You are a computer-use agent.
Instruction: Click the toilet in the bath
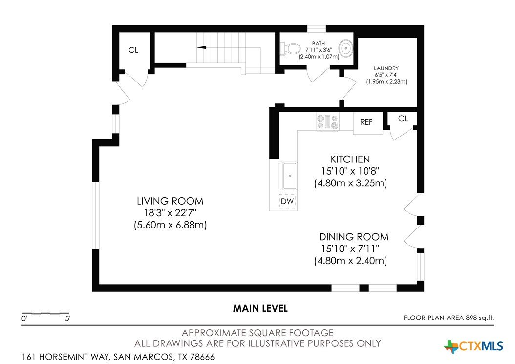(290, 48)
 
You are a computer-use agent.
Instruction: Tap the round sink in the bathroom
(345, 48)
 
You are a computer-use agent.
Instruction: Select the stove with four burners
(327, 122)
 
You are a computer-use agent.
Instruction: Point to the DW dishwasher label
(287, 201)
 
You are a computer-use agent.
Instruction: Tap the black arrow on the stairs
(202, 47)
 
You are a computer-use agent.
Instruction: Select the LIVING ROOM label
(170, 201)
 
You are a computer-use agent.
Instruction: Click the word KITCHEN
(350, 159)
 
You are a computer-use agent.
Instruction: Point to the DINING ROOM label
(354, 237)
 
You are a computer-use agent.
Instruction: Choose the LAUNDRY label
(386, 68)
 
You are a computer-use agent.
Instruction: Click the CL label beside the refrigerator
(403, 119)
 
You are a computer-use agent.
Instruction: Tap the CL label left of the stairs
(133, 50)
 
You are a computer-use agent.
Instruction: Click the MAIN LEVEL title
(260, 308)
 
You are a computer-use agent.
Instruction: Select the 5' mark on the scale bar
(67, 318)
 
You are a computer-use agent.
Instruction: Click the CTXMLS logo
(473, 346)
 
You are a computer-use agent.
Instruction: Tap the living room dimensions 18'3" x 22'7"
(170, 212)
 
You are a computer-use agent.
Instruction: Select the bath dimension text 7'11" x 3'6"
(319, 50)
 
